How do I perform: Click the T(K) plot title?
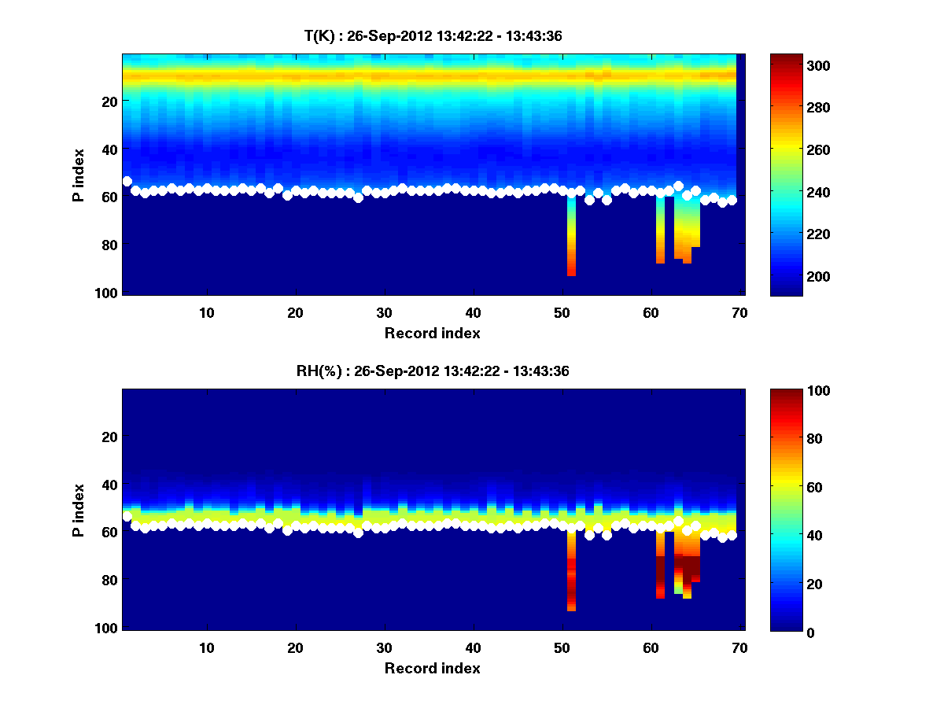pos(433,35)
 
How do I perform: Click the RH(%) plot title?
pos(433,371)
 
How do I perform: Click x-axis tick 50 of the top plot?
pos(562,312)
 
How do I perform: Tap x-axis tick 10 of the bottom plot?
pos(206,648)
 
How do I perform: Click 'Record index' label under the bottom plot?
pos(433,669)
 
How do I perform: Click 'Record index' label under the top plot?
pos(433,334)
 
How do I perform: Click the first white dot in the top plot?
pos(127,182)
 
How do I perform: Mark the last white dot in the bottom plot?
pos(732,535)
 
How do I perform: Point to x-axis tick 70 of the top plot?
pos(739,312)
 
